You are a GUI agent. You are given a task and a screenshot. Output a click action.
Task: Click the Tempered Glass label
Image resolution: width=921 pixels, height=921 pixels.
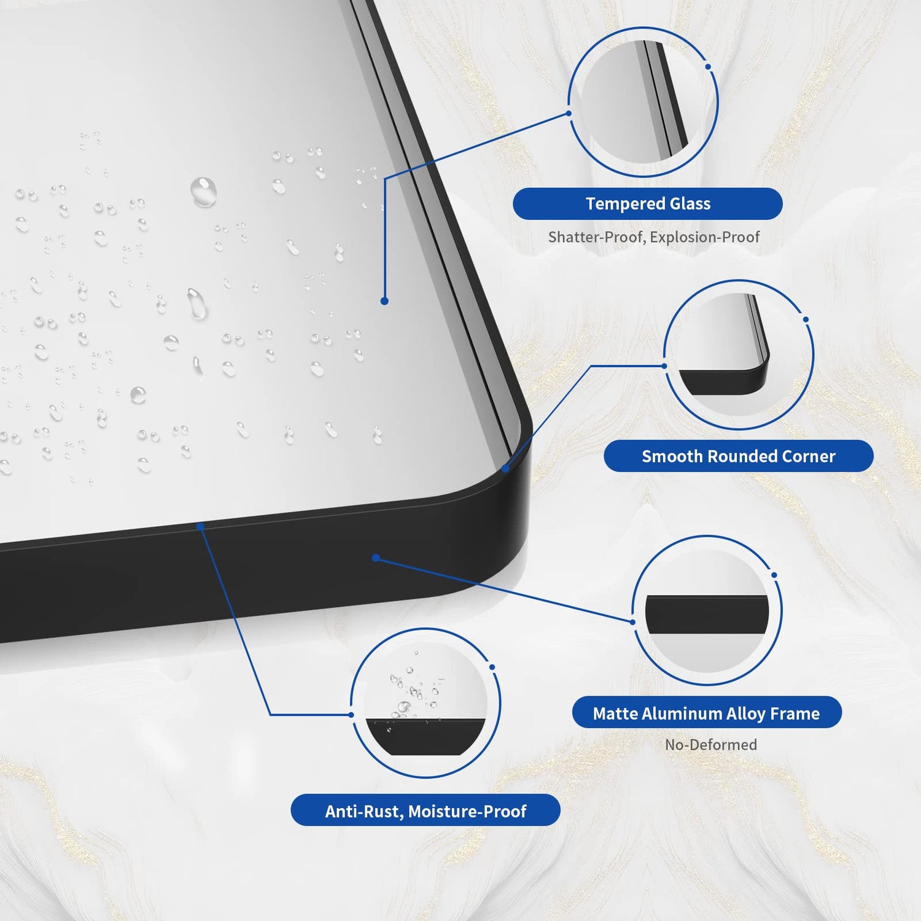tap(648, 204)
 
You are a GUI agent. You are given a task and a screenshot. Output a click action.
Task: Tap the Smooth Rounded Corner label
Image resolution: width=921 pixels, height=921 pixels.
tap(739, 456)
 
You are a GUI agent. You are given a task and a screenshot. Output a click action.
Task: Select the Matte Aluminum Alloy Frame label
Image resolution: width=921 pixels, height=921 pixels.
tap(707, 713)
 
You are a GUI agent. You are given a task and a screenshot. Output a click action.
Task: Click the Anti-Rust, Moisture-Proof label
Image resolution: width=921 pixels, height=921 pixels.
tap(426, 810)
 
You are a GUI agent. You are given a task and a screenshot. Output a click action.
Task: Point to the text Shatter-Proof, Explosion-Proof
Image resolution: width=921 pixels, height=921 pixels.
tap(654, 237)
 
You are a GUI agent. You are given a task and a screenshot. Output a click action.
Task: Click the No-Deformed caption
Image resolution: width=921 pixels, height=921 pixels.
tap(711, 745)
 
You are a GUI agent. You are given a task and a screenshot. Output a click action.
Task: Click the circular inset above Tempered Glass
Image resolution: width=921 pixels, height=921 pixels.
tap(643, 102)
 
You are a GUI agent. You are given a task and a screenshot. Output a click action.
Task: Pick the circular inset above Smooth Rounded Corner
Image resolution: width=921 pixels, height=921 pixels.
tap(739, 355)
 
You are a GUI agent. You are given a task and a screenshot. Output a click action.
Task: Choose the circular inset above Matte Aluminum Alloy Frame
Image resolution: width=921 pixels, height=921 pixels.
tap(707, 610)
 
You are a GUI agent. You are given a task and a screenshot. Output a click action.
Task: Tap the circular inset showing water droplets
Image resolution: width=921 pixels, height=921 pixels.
tap(426, 703)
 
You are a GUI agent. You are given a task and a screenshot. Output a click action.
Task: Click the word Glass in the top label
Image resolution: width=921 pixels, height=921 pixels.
tap(690, 204)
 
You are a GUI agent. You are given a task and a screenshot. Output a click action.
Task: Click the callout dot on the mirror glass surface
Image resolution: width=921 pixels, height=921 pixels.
tap(384, 301)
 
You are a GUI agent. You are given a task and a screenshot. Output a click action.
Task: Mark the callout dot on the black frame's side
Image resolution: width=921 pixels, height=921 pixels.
tap(376, 558)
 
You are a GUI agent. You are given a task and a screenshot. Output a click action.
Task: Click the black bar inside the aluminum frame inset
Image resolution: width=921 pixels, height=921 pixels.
tap(707, 614)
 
